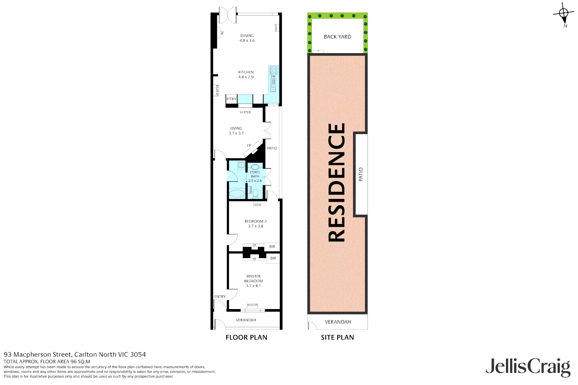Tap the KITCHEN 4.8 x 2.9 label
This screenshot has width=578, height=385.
coord(246,75)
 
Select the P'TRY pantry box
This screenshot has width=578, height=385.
coord(232,99)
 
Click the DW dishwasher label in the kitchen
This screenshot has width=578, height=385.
coord(273,77)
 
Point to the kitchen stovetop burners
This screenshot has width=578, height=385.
coord(274,70)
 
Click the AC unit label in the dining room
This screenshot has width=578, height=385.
coord(222,32)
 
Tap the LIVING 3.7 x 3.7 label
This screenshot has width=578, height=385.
coord(236,130)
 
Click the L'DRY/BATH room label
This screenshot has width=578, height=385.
coord(255,176)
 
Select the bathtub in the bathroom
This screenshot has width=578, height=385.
coord(237,194)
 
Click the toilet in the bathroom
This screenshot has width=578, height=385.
coord(255,194)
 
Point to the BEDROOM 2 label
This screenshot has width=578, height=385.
coord(255,224)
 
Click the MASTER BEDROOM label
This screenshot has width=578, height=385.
coord(253,281)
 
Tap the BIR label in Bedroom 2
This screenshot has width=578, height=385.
coord(272,247)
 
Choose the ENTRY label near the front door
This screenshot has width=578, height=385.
coord(220,297)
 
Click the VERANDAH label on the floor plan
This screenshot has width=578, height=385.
coord(246,320)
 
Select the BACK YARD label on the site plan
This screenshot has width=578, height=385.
coord(337,37)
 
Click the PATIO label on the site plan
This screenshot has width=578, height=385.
coord(361,174)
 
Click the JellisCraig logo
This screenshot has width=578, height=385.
coord(528,367)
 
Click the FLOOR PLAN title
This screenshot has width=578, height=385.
coord(246,337)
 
